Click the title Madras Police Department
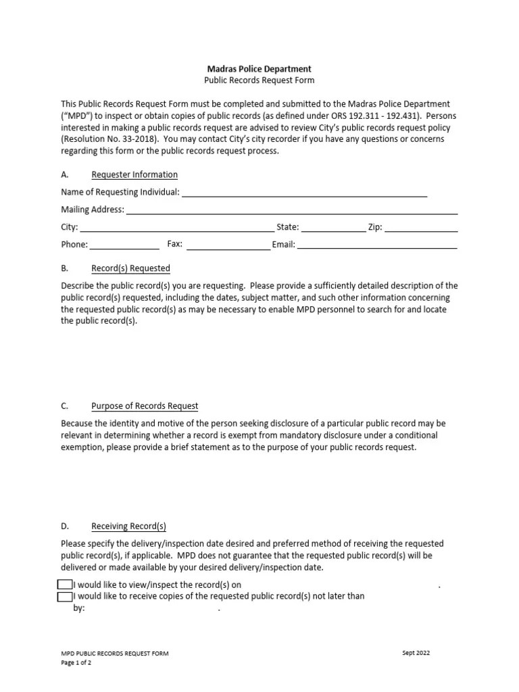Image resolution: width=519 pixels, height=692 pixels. (x=259, y=69)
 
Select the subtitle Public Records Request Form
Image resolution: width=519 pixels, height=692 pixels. (x=259, y=80)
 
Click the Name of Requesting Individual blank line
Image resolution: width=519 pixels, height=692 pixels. (x=304, y=194)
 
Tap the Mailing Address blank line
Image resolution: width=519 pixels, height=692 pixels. (x=292, y=212)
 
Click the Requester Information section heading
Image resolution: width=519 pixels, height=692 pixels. (x=134, y=175)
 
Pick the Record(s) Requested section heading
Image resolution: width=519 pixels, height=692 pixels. (x=130, y=268)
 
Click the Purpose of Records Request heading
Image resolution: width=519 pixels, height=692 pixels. (x=145, y=406)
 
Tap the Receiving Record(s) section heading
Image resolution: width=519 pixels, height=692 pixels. (x=128, y=526)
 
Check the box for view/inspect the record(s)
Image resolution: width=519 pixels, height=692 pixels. (x=65, y=585)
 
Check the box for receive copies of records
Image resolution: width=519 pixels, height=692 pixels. (x=65, y=596)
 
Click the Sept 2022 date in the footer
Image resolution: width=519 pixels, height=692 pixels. (x=416, y=653)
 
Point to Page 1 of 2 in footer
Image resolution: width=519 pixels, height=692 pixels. (x=76, y=663)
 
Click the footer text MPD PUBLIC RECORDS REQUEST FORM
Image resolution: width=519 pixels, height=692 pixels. (x=115, y=653)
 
